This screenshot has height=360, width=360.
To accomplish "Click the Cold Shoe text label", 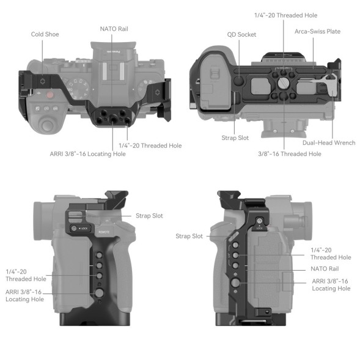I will point(45,34).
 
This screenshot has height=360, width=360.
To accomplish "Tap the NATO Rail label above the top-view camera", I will point(114,29).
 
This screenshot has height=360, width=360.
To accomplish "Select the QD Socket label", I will point(241,35).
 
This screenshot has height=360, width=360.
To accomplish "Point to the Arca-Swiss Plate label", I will point(317,31).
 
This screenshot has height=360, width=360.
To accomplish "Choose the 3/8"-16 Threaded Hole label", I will point(289,154).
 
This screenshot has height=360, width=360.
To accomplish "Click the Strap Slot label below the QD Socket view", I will point(235,138).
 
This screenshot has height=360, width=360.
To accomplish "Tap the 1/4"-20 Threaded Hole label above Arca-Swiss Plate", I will point(286,15).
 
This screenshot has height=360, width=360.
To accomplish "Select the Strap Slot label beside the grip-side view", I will point(150,216).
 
